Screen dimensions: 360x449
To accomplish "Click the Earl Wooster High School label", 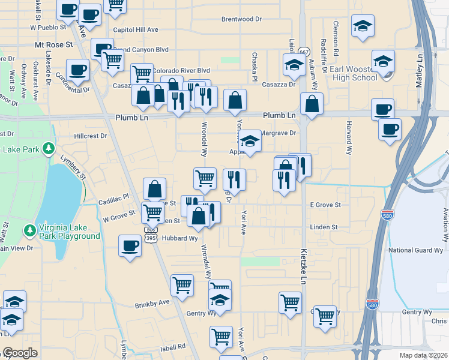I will click(x=353, y=73).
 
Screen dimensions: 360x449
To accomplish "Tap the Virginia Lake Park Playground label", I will click(x=69, y=232).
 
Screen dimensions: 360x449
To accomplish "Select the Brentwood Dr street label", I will click(x=242, y=19).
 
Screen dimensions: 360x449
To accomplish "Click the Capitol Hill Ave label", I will click(x=136, y=29).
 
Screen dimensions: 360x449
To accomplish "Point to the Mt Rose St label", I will click(x=53, y=44).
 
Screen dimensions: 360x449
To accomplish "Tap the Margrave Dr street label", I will click(x=279, y=133).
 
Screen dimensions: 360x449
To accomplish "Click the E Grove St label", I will click(x=325, y=205).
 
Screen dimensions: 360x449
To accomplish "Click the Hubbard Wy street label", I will click(x=181, y=238).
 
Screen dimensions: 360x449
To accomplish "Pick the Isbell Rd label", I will click(x=173, y=347).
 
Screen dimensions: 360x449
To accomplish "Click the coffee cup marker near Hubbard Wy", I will click(x=130, y=245).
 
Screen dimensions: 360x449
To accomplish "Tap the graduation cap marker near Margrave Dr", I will click(x=250, y=141).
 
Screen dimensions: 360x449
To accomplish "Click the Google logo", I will click(x=20, y=353).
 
